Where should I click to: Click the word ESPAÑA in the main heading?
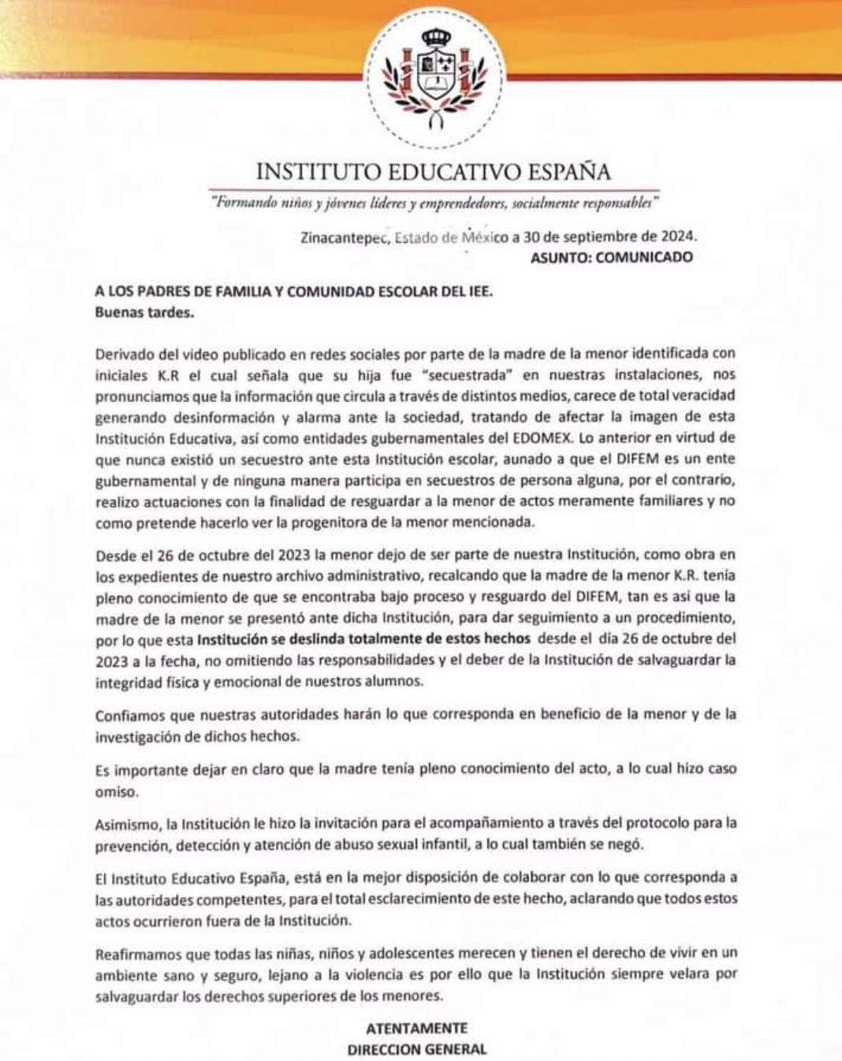tap(562, 171)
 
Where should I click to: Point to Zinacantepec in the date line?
tap(344, 236)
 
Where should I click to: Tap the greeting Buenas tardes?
tap(143, 311)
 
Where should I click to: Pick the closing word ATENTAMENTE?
tap(416, 1028)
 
